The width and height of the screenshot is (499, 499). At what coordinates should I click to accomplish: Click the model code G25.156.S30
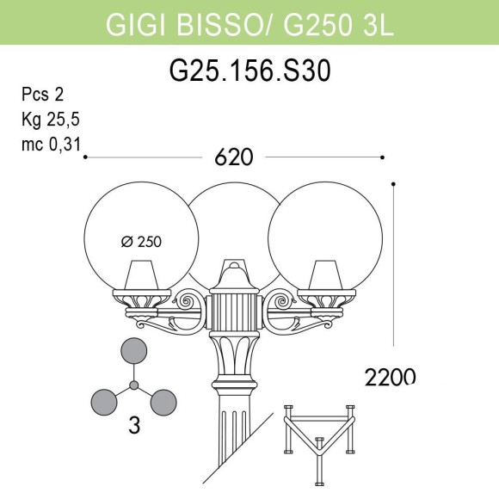[249, 72]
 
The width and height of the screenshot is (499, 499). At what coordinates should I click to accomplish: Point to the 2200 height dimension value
[390, 376]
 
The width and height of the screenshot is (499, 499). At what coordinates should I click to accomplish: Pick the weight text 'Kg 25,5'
[48, 119]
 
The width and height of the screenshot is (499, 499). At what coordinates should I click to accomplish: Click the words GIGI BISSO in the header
[182, 25]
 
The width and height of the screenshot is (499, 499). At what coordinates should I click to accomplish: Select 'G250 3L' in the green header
[337, 25]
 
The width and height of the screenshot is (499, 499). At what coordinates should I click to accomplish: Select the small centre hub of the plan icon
[133, 384]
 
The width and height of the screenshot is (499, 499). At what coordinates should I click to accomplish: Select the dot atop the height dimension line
[393, 184]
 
